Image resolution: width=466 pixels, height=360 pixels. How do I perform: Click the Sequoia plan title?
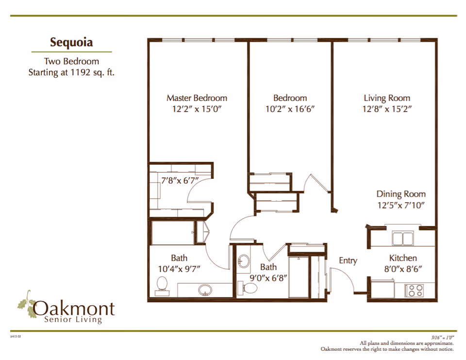click(71, 42)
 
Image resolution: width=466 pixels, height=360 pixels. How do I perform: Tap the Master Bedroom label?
click(197, 98)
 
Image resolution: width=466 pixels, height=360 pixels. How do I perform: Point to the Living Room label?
click(387, 98)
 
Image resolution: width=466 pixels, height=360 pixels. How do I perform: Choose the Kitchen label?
click(403, 258)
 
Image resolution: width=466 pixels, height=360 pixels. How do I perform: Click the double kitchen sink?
click(403, 239)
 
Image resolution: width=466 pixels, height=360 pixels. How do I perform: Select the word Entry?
click(348, 260)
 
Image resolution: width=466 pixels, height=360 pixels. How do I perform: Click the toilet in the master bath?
click(161, 284)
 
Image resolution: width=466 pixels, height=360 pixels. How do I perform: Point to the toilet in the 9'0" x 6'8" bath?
click(250, 288)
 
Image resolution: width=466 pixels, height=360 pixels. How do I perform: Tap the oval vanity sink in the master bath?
click(205, 290)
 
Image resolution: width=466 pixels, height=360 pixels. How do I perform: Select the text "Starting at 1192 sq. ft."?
click(71, 73)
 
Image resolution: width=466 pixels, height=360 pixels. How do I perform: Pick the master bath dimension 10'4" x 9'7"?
click(179, 268)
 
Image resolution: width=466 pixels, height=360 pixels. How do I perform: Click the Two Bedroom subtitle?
click(71, 61)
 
